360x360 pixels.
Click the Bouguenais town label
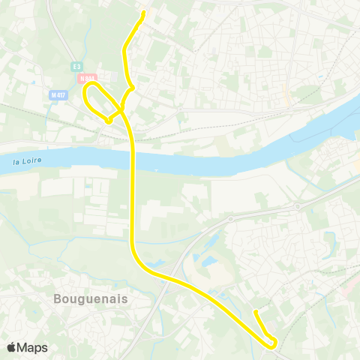pyautogui.click(x=91, y=298)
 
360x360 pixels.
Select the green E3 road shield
pyautogui.click(x=76, y=67)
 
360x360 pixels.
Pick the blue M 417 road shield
pyautogui.click(x=58, y=94)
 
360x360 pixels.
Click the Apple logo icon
pyautogui.click(x=12, y=347)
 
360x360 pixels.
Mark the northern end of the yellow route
pyautogui.click(x=143, y=13)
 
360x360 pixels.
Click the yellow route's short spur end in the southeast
pyautogui.click(x=256, y=311)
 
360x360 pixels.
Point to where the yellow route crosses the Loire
pyautogui.click(x=133, y=158)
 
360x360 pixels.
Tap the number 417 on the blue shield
pyautogui.click(x=61, y=94)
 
